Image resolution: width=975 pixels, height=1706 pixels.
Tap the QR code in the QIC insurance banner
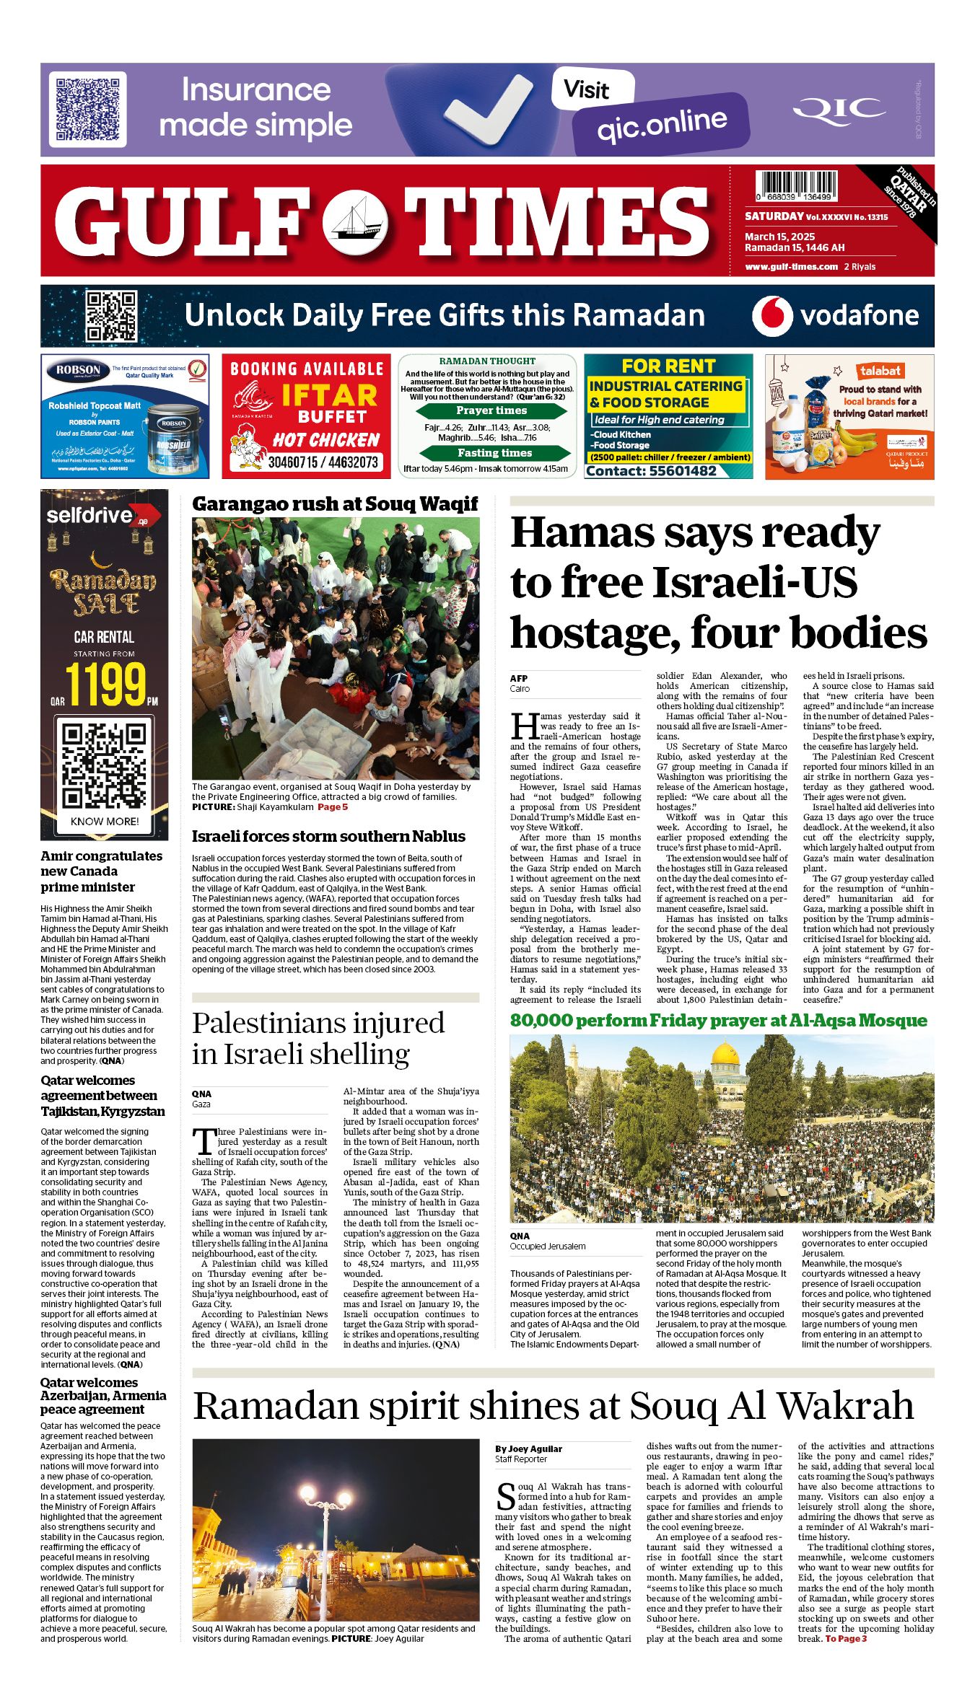pos(87,110)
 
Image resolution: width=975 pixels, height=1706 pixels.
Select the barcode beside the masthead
pos(795,185)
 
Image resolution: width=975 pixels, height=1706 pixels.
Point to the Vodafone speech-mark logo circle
pos(771,316)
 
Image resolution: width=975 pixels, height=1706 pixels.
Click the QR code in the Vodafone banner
pos(111,316)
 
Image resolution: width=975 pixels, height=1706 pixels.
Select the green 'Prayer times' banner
pos(491,410)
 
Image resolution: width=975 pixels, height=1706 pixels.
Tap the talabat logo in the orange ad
pos(880,371)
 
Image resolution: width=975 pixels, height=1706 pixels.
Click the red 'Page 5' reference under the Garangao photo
pos(333,807)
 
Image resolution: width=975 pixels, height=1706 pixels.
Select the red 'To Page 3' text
pos(846,1639)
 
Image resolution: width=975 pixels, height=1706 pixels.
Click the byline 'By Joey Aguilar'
pos(528,1448)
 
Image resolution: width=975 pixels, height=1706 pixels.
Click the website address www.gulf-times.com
pos(791,267)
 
